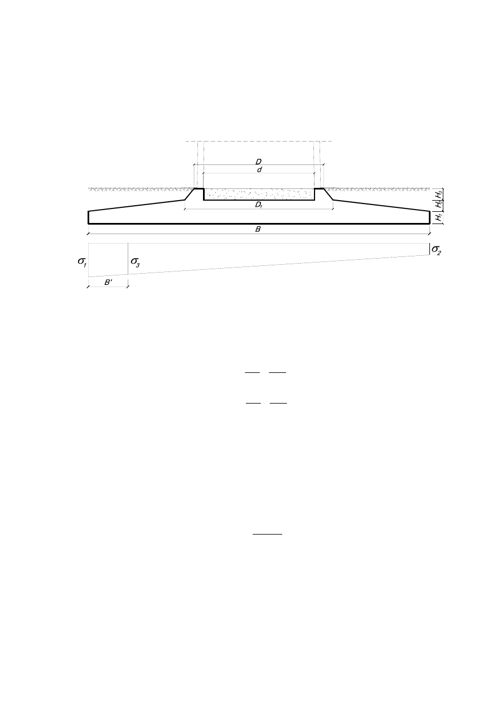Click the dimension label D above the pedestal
258,162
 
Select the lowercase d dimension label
259,169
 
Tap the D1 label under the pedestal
259,205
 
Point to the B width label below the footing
258,229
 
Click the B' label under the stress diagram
108,282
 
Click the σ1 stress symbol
82,262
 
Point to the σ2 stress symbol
436,250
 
